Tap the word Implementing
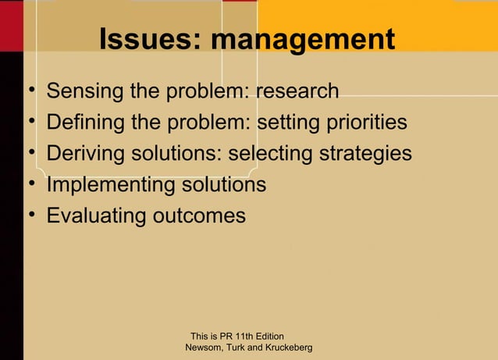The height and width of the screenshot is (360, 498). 111,185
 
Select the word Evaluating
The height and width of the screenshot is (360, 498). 94,216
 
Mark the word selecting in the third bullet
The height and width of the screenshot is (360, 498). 269,154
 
